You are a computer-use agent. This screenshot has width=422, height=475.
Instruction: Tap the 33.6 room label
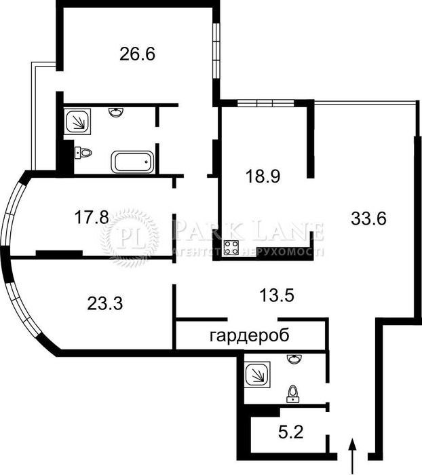tap(369, 218)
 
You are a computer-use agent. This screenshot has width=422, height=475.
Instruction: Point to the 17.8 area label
tap(91, 217)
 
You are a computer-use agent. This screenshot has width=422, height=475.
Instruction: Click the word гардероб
tap(249, 335)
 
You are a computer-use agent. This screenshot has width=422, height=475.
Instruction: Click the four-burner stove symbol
tap(231, 249)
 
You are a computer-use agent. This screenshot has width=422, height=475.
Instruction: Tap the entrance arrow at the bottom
tap(352, 455)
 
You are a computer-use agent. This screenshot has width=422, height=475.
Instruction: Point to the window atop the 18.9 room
tap(264, 103)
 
